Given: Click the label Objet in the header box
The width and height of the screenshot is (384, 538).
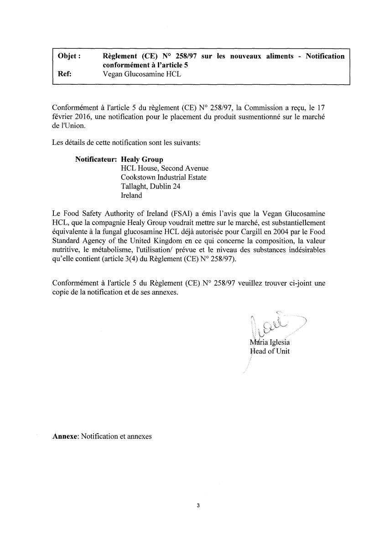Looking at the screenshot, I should [69, 56].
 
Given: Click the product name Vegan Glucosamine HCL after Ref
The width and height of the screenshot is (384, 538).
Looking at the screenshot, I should [141, 74].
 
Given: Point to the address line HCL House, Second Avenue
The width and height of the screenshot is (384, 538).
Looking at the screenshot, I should [164, 169].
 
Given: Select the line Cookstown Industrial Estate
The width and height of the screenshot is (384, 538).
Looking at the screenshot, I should [164, 178].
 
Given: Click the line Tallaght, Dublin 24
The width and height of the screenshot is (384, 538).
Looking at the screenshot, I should [150, 186].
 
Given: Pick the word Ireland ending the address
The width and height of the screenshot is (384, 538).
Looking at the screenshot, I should [131, 195].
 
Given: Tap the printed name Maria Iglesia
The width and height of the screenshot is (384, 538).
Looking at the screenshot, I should [270, 343].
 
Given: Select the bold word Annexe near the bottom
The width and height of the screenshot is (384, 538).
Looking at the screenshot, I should [66, 436].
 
